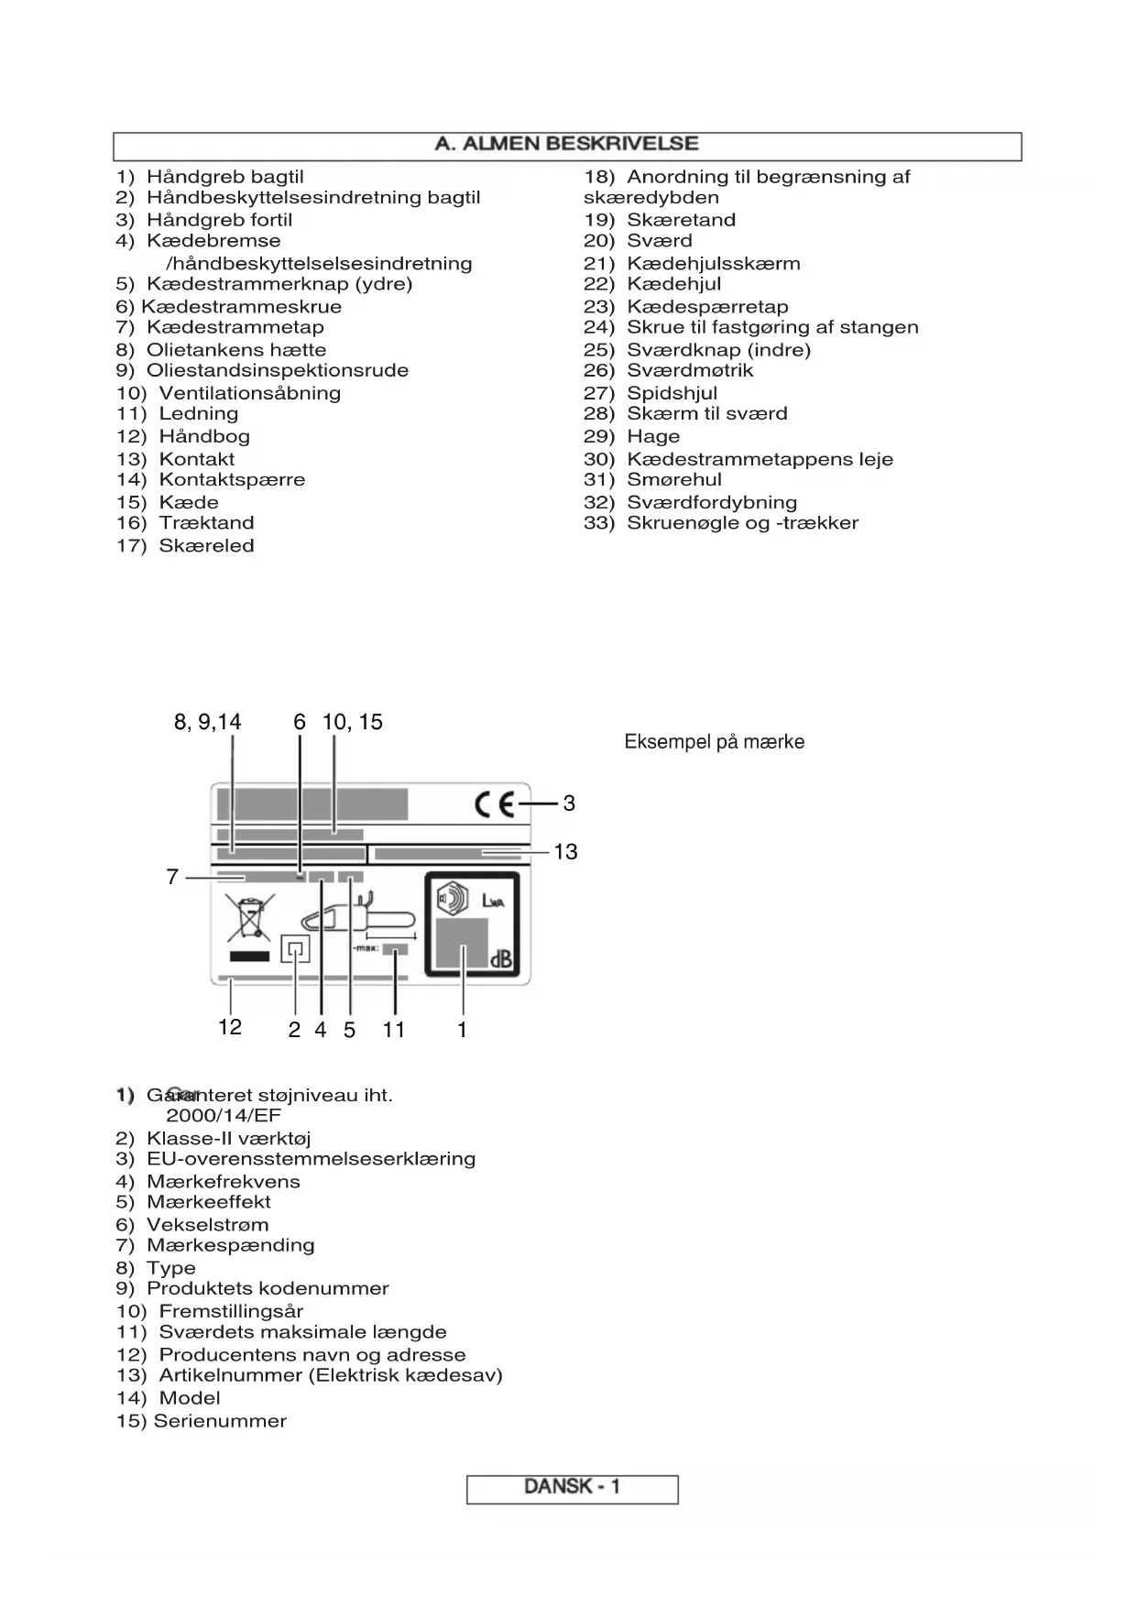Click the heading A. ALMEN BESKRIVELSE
[566, 144]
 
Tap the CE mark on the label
[495, 804]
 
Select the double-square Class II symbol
[295, 949]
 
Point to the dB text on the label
[501, 960]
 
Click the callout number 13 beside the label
[565, 852]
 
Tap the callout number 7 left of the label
[172, 878]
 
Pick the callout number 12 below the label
[230, 1028]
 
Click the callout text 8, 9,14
[208, 723]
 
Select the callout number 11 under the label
[394, 1030]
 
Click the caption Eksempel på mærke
[714, 742]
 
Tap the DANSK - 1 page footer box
[572, 1486]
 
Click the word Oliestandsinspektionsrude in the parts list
[277, 371]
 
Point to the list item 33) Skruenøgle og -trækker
[721, 523]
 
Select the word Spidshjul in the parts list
[672, 393]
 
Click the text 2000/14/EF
[223, 1116]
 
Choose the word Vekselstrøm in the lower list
[207, 1225]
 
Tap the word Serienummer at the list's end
[220, 1421]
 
